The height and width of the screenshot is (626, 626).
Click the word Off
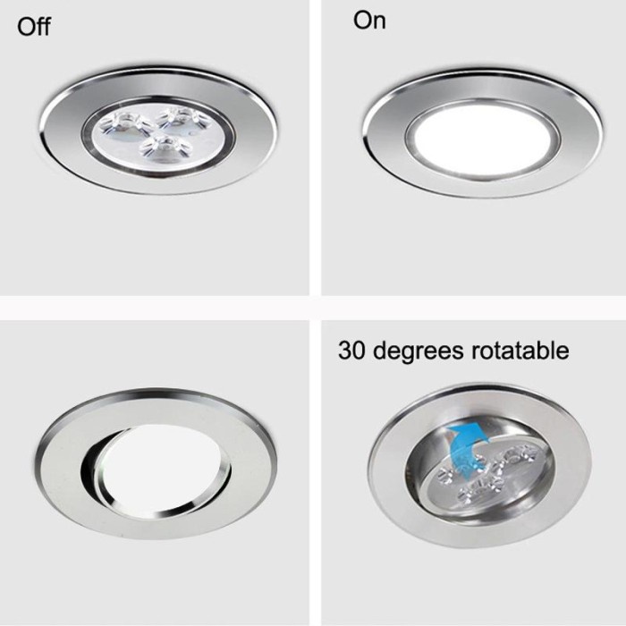point(34,27)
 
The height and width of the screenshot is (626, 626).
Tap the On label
point(369,21)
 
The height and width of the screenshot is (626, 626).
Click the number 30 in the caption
point(351,351)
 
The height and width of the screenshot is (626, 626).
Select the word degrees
point(418,351)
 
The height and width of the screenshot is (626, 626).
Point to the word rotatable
point(520,351)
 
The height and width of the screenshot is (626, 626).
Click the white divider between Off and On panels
point(315,148)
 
